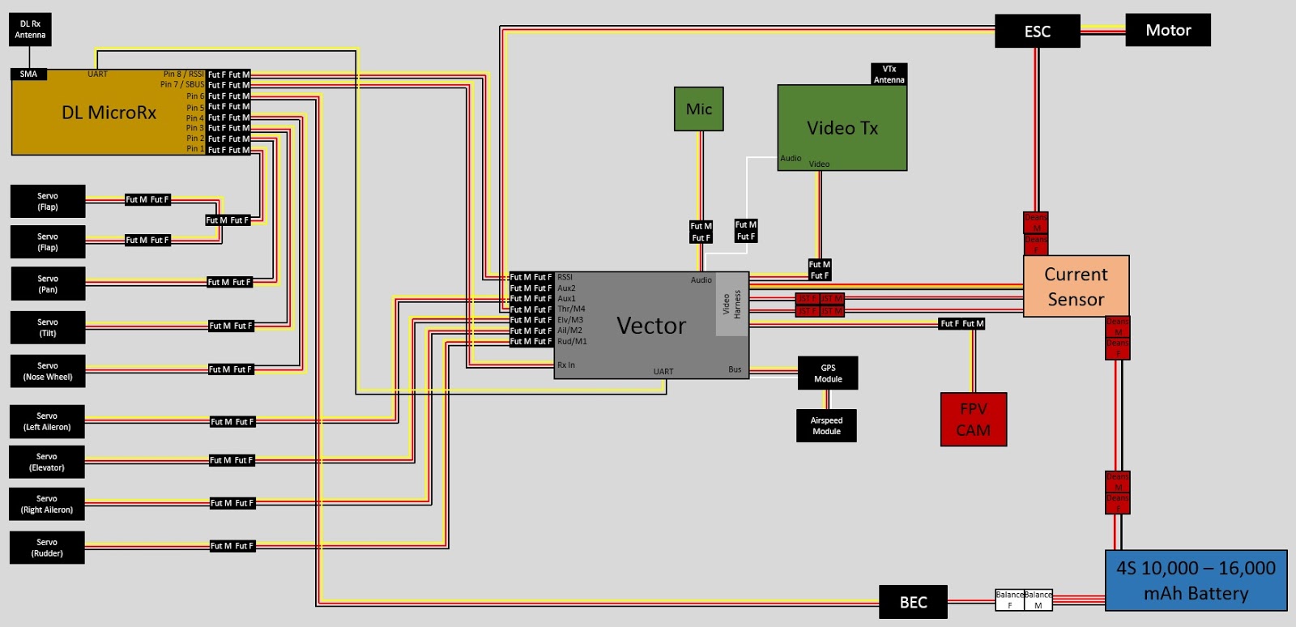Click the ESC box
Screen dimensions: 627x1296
(x=1037, y=32)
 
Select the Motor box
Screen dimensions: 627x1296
(x=1167, y=30)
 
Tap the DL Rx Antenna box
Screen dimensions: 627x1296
(x=30, y=29)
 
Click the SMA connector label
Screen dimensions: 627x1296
(x=28, y=74)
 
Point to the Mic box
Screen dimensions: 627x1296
(x=698, y=109)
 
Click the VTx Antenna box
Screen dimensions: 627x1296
(x=889, y=75)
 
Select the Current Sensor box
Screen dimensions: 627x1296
(x=1076, y=287)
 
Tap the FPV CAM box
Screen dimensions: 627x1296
(x=973, y=420)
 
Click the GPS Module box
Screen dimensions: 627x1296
(x=827, y=373)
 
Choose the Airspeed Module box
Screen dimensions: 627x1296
(x=826, y=425)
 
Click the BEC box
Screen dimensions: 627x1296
(x=913, y=602)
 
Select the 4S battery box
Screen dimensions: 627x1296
(x=1196, y=581)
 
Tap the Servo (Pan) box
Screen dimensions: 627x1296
(x=47, y=284)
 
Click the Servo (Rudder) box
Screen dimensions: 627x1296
(x=47, y=548)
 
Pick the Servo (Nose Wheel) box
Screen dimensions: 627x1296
(x=47, y=371)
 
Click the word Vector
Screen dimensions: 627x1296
(x=650, y=326)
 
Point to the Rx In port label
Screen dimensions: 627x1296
(x=565, y=365)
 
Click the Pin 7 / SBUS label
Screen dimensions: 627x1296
(x=182, y=84)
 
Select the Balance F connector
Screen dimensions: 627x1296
(x=1009, y=599)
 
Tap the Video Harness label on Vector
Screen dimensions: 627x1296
(x=731, y=304)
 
